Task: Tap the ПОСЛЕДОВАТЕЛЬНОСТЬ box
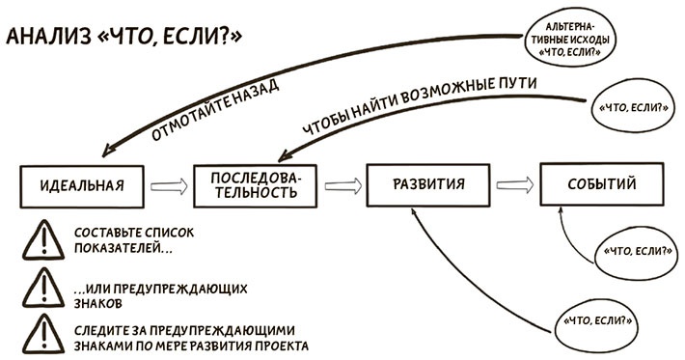(x=257, y=183)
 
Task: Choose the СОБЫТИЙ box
(x=600, y=183)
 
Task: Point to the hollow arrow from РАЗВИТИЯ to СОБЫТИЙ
(x=513, y=183)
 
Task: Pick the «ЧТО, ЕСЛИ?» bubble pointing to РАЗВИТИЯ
(x=600, y=319)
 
